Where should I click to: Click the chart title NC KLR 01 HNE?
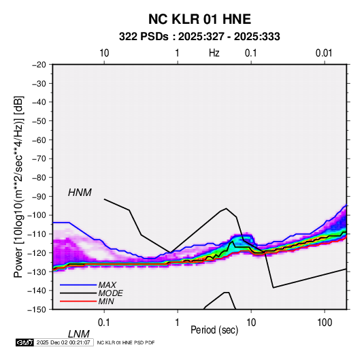(199, 19)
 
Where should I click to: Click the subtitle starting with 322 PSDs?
(199, 37)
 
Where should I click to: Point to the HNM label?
(80, 193)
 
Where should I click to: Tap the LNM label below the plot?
(79, 334)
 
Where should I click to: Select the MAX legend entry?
(107, 284)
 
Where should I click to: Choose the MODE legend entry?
(110, 293)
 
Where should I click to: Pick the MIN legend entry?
(106, 301)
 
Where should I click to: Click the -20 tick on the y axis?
(39, 65)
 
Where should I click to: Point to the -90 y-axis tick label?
(39, 196)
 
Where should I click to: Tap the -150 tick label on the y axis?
(37, 310)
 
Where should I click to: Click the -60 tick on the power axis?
(39, 140)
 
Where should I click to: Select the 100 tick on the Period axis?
(325, 323)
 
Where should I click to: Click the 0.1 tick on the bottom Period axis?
(104, 323)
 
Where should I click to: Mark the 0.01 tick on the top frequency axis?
(324, 53)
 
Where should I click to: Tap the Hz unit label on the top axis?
(214, 53)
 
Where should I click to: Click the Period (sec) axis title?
(214, 330)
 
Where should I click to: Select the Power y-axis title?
(18, 186)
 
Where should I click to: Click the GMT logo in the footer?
(24, 342)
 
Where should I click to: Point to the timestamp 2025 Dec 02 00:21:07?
(63, 342)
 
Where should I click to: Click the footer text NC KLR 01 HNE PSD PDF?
(126, 342)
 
